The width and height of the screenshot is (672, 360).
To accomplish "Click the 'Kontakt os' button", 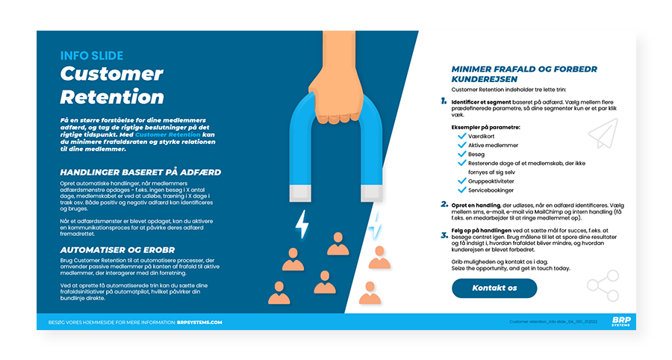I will tap(494, 288).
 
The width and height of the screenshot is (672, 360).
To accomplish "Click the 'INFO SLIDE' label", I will tap(92, 55).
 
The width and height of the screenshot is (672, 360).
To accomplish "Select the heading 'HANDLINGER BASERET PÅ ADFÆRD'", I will tap(140, 172).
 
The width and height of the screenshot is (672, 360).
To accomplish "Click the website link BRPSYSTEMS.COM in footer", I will tap(199, 322).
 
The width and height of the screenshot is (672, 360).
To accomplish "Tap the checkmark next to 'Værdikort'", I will tap(461, 135).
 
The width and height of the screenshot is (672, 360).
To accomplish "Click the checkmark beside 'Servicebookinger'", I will tap(461, 190).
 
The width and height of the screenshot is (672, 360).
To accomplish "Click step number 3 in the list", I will tap(444, 235).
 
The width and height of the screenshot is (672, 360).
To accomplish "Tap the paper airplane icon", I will tap(603, 134).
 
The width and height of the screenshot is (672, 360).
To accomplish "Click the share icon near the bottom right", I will tap(603, 285).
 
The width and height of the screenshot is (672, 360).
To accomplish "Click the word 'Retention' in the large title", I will tap(112, 96).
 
